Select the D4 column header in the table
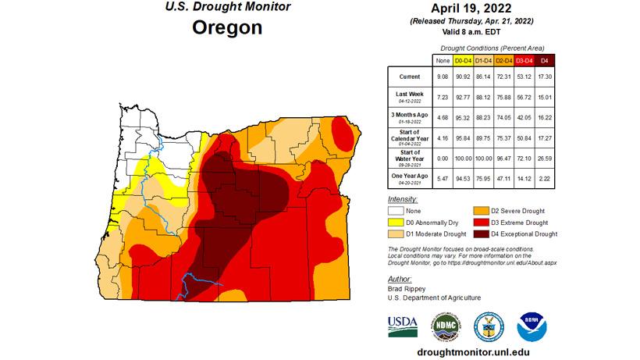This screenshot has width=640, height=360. [543, 60]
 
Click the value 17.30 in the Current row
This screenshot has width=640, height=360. [543, 77]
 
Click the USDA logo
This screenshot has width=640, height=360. [402, 326]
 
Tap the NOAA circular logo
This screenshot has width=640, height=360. [531, 326]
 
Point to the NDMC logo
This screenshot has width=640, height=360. [446, 326]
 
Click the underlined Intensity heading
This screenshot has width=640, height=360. [404, 200]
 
